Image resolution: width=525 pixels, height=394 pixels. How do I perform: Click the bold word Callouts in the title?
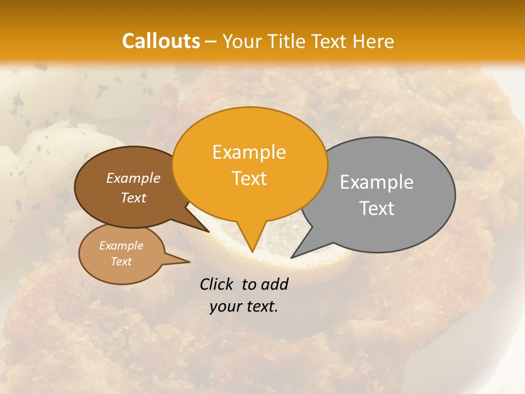pyautogui.click(x=161, y=41)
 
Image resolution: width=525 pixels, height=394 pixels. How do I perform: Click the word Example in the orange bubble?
pyautogui.click(x=249, y=152)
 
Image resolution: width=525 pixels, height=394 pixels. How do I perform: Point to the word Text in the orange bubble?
pyautogui.click(x=249, y=178)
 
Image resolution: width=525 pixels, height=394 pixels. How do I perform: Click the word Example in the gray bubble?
pyautogui.click(x=377, y=182)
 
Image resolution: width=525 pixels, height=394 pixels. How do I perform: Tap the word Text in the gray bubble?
pyautogui.click(x=377, y=208)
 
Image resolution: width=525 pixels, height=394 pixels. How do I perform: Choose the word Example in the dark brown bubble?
pyautogui.click(x=133, y=178)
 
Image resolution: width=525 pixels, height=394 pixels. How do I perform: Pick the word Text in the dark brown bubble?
pyautogui.click(x=133, y=198)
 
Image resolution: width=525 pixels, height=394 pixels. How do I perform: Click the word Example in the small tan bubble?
pyautogui.click(x=121, y=246)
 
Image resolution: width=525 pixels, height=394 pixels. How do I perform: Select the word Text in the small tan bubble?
pyautogui.click(x=121, y=262)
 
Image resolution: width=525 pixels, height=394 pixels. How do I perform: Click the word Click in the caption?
pyautogui.click(x=217, y=284)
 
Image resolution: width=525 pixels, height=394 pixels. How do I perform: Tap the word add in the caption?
pyautogui.click(x=275, y=284)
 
